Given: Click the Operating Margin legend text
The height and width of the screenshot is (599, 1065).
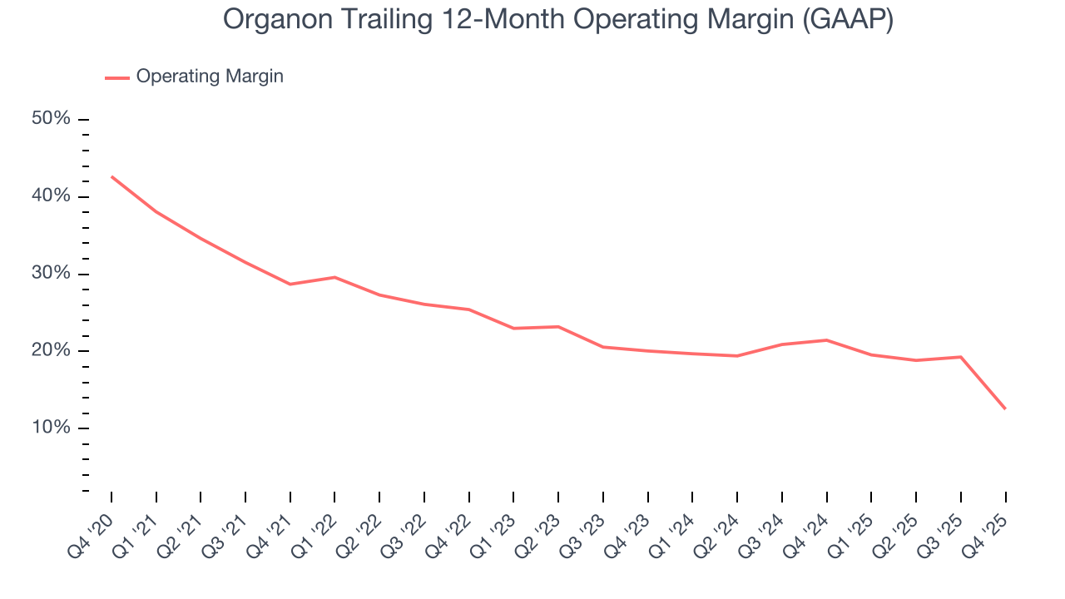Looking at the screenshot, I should click(210, 77).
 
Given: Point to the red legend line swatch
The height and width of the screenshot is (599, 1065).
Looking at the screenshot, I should click(117, 77).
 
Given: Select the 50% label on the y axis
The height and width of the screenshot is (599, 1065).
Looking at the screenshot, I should click(51, 119).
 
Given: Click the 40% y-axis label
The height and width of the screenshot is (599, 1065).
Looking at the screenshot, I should click(51, 196).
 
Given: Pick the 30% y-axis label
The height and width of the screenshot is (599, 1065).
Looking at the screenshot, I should click(51, 274).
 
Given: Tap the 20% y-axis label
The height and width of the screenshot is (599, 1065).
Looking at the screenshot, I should click(51, 350).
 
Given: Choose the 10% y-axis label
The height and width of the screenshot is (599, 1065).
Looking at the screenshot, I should click(51, 428).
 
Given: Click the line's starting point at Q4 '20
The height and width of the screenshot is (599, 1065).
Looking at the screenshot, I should click(111, 176).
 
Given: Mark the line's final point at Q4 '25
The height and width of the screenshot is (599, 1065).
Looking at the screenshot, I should click(1005, 408).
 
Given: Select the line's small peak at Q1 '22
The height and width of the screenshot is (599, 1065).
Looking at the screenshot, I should click(334, 277).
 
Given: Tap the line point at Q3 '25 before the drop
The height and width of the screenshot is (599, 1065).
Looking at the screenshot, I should click(961, 357).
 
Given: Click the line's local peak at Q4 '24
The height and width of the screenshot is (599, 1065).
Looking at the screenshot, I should click(826, 339).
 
